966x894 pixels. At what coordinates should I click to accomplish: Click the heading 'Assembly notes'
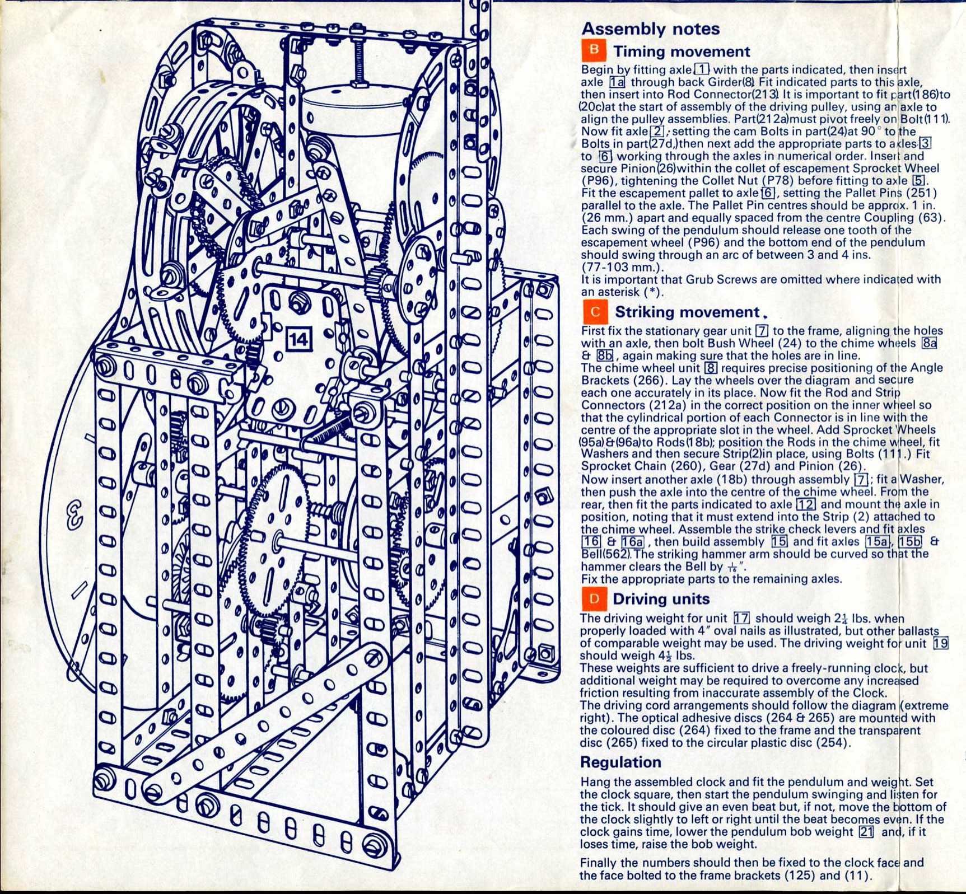click(650, 29)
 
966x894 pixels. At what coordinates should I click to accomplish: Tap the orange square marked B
click(594, 50)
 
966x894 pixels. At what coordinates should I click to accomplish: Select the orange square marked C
click(595, 312)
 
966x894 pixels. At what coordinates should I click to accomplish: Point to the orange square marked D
click(594, 598)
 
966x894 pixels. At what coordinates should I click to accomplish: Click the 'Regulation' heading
click(620, 762)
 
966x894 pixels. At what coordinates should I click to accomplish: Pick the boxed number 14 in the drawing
click(298, 340)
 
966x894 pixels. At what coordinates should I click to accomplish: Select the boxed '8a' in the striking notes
click(929, 343)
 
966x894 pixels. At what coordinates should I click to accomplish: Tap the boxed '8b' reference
click(604, 355)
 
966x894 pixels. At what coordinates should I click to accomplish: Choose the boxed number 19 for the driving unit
click(941, 643)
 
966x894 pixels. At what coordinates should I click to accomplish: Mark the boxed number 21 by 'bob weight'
click(866, 831)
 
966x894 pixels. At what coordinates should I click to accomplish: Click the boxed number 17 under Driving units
click(742, 618)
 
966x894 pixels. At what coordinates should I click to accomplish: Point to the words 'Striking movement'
click(687, 312)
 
